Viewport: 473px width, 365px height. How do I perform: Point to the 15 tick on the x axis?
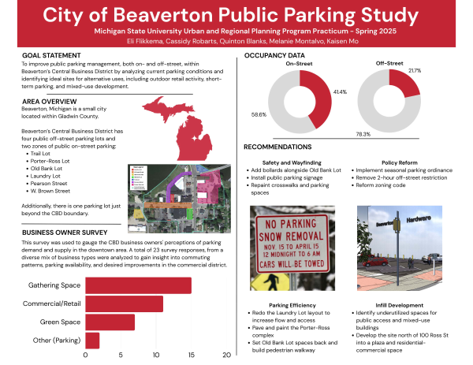coord(192,356)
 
